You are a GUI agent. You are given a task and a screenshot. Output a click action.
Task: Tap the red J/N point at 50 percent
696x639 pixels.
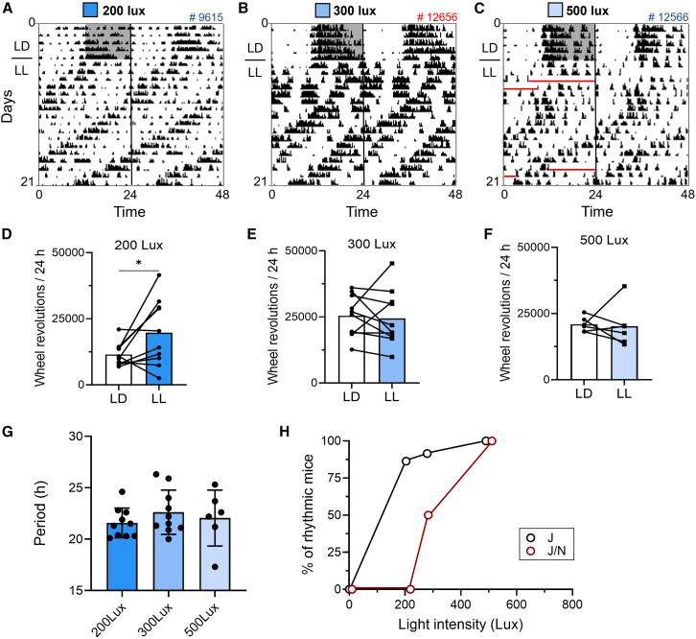click(x=429, y=515)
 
